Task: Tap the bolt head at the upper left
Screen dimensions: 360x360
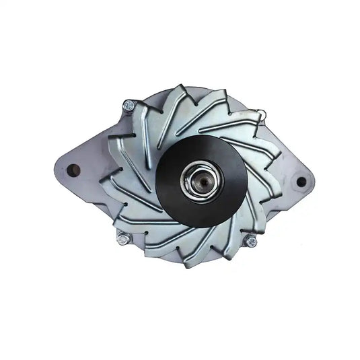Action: pyautogui.click(x=129, y=106)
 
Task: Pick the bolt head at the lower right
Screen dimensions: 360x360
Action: pyautogui.click(x=250, y=240)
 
